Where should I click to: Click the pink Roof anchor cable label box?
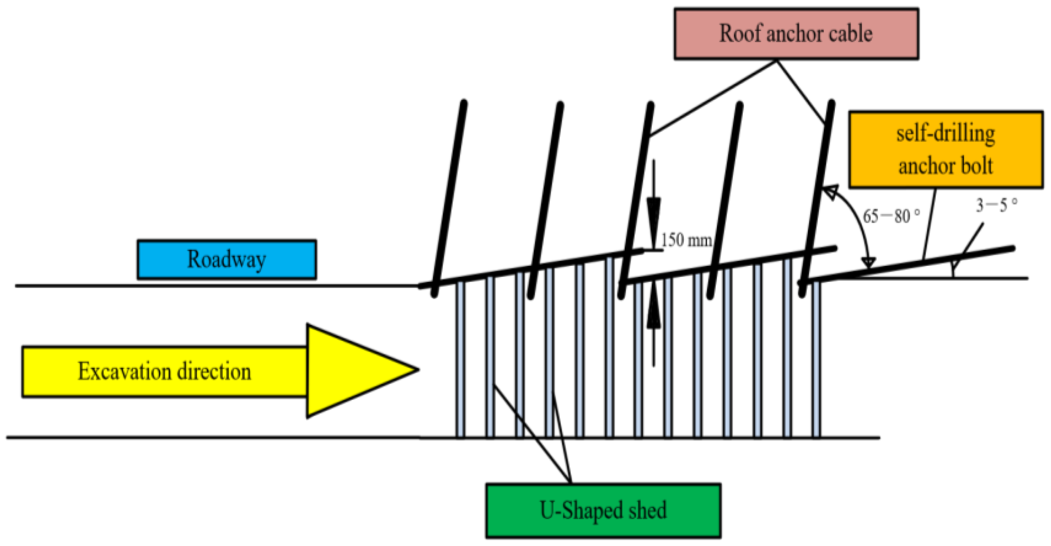pos(796,34)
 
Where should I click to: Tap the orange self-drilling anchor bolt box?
pos(945,150)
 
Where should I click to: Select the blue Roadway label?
pos(226,259)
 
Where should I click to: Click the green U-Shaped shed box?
pos(603,510)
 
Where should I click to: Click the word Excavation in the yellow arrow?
pos(124,371)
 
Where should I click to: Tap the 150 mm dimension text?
pos(686,240)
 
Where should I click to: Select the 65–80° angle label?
pos(891,216)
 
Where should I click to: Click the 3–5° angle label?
pos(996,205)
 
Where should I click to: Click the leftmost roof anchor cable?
pos(450,196)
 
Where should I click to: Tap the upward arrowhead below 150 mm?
pos(653,315)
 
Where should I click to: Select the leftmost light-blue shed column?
pos(460,360)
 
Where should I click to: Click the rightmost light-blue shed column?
pos(816,360)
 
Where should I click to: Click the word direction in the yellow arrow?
pos(214,371)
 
